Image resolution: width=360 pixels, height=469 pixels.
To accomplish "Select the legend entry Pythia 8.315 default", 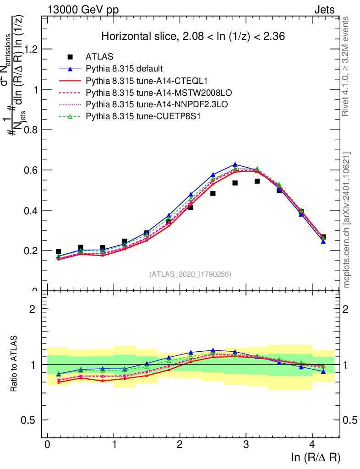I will (124, 69).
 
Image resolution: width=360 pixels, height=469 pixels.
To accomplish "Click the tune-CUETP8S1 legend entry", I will (137, 116).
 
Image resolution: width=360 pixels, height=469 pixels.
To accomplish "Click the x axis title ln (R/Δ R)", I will (316, 457).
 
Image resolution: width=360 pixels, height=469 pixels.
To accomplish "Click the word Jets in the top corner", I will (324, 10).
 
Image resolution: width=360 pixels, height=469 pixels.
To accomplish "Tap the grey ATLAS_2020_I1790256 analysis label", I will (190, 274).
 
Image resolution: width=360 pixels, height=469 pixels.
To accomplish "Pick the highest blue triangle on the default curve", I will (235, 164).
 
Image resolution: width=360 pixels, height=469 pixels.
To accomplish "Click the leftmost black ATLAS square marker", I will (59, 252).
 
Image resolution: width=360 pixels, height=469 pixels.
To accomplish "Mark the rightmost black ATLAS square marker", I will (323, 237).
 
